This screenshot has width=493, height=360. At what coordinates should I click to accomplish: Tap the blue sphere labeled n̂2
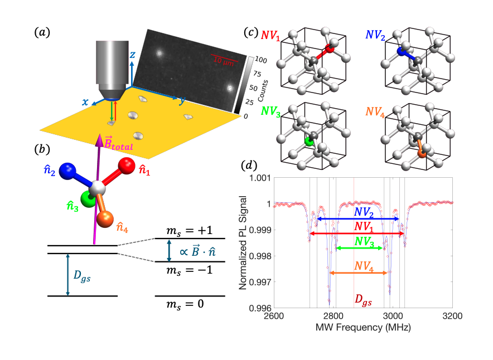click(x=69, y=171)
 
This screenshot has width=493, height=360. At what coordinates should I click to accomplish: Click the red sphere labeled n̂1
click(x=126, y=165)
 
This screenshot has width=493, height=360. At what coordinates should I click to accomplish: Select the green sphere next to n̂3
click(x=88, y=198)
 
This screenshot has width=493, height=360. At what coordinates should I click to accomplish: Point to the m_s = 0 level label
click(x=190, y=305)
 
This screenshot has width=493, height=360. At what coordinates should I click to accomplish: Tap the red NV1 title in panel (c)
click(x=270, y=35)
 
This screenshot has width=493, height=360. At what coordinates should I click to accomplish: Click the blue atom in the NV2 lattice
click(x=400, y=51)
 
